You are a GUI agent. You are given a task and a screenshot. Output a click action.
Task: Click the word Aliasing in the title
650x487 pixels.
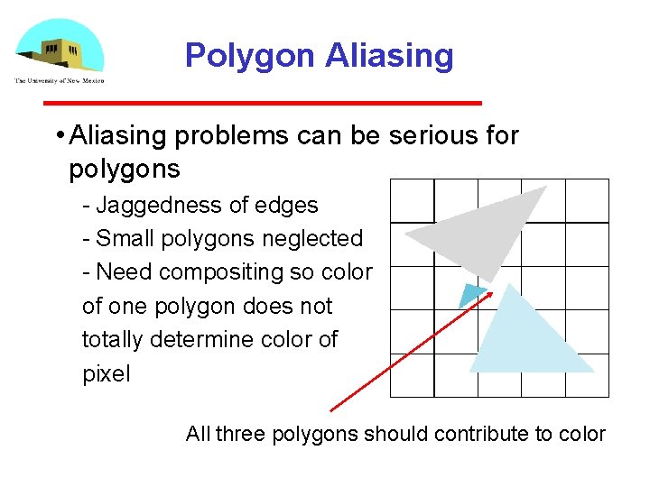tap(390, 56)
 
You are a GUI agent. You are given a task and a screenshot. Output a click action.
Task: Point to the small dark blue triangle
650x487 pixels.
tap(471, 295)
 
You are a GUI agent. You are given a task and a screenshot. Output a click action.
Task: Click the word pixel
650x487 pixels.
tap(106, 373)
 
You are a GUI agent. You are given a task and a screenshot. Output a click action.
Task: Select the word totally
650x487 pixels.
tap(111, 340)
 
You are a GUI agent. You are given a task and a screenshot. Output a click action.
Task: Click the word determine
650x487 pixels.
tap(204, 340)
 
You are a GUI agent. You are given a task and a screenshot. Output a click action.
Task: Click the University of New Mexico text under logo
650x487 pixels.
tap(59, 81)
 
